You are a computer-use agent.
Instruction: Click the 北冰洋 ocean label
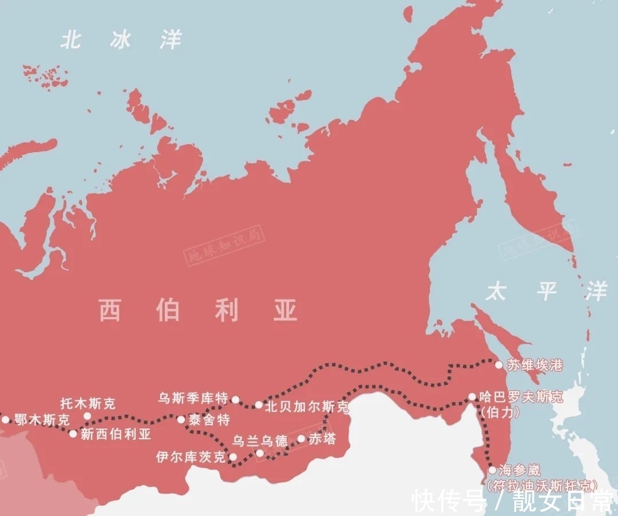(x=121, y=41)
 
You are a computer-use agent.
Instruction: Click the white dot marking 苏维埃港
(x=498, y=364)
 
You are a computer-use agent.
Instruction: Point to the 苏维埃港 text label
(x=535, y=365)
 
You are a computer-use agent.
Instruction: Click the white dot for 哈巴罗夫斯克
(x=472, y=396)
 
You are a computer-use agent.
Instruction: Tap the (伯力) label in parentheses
(x=500, y=411)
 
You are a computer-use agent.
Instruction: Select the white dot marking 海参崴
(x=492, y=470)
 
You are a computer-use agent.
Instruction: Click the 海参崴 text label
(x=519, y=470)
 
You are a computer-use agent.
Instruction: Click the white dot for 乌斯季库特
(x=235, y=399)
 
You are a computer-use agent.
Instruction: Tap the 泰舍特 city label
(x=209, y=420)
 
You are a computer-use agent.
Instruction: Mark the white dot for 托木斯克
(x=88, y=416)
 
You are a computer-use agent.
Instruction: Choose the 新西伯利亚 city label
(x=116, y=434)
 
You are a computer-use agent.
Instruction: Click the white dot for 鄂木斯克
(x=6, y=419)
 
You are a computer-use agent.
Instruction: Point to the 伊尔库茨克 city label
(x=191, y=457)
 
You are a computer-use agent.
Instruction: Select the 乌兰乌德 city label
(x=260, y=441)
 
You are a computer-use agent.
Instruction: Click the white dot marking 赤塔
(x=301, y=439)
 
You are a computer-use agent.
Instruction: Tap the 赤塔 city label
(x=322, y=439)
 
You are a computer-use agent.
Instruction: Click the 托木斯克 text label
(x=88, y=403)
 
